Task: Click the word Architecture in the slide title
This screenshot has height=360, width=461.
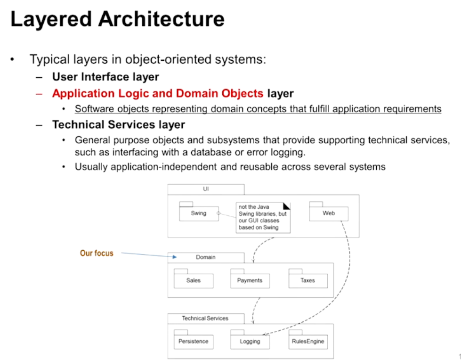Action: [x=161, y=19]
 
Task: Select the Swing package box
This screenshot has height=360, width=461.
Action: [x=199, y=213]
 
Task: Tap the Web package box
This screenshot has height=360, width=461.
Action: [x=329, y=213]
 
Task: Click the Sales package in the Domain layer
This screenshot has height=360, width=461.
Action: [x=193, y=280]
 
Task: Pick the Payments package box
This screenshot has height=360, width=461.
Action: [x=250, y=280]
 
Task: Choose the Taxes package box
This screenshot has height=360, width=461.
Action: [x=307, y=280]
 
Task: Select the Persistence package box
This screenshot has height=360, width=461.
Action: [x=193, y=341]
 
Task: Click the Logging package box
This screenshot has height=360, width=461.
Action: [x=250, y=341]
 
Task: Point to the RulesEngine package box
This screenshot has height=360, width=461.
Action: [x=307, y=341]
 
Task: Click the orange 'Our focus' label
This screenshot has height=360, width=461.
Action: [x=97, y=253]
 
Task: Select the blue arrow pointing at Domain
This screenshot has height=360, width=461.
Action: [x=148, y=255]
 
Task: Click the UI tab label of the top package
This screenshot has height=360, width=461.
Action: [x=206, y=189]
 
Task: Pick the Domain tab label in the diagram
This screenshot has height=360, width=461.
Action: [x=206, y=257]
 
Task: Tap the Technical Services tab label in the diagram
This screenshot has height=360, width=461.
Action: [x=205, y=319]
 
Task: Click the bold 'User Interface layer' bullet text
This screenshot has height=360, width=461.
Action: [x=105, y=77]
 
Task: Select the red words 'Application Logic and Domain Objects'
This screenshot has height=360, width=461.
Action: [x=158, y=93]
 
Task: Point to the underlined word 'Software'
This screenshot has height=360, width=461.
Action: [x=93, y=109]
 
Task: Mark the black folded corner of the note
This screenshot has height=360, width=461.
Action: [x=287, y=205]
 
